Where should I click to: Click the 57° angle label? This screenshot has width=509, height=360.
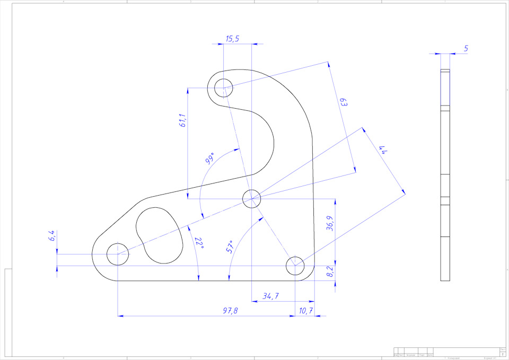[230, 247]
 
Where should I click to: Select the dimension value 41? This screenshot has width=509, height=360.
[385, 151]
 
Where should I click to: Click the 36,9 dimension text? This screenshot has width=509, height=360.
[330, 223]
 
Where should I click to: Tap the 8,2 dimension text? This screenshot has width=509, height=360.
[330, 273]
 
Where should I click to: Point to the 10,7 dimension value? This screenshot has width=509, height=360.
[306, 311]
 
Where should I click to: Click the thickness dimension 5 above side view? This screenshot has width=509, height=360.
[466, 49]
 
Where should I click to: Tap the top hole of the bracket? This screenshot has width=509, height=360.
[224, 86]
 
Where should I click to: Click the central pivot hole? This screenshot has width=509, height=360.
[251, 199]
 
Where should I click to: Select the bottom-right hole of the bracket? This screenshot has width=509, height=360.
[295, 265]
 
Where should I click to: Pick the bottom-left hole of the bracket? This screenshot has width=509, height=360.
[117, 254]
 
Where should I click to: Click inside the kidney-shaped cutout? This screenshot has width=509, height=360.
[159, 233]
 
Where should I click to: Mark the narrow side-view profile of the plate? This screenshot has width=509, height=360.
[445, 175]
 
